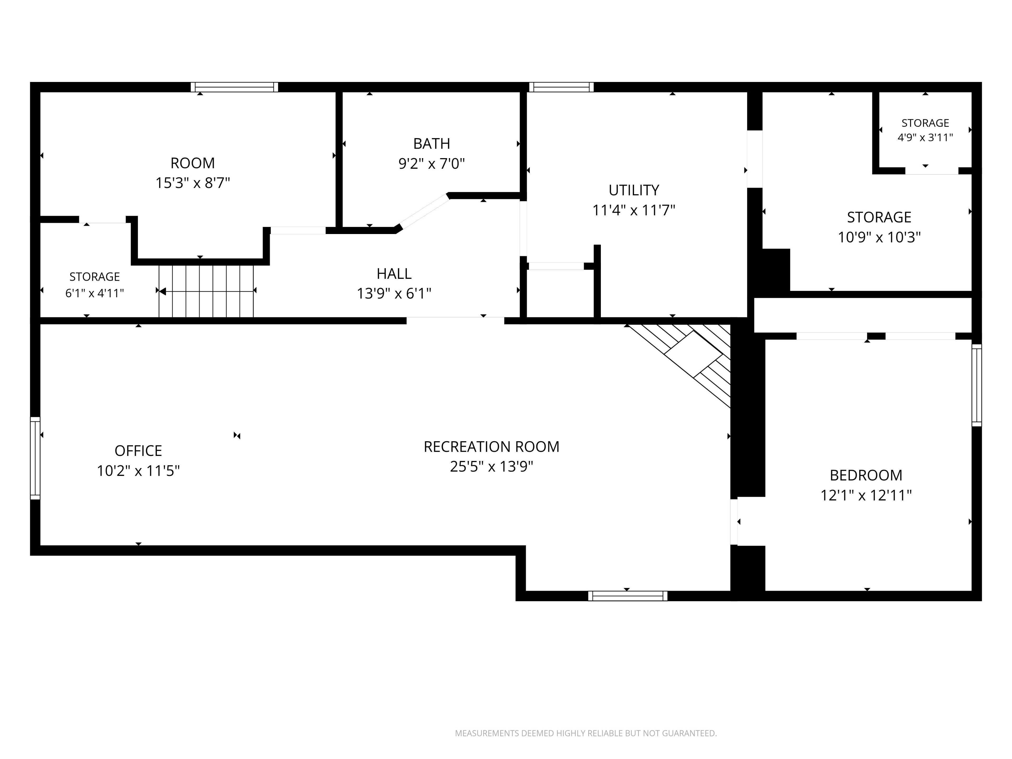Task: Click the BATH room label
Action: tap(431, 144)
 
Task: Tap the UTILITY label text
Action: tap(634, 190)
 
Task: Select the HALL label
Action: tap(394, 274)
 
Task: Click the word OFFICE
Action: tap(138, 451)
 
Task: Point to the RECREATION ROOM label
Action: tap(491, 446)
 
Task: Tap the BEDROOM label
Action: tap(866, 475)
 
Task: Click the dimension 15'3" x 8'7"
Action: tap(193, 183)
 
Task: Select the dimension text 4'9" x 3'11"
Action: tap(925, 137)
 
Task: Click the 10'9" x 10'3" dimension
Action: tap(879, 237)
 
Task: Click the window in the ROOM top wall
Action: tap(234, 87)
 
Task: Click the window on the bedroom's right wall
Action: tap(976, 385)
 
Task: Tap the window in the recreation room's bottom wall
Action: tap(628, 596)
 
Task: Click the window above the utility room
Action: tap(561, 87)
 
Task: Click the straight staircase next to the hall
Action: tap(206, 291)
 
